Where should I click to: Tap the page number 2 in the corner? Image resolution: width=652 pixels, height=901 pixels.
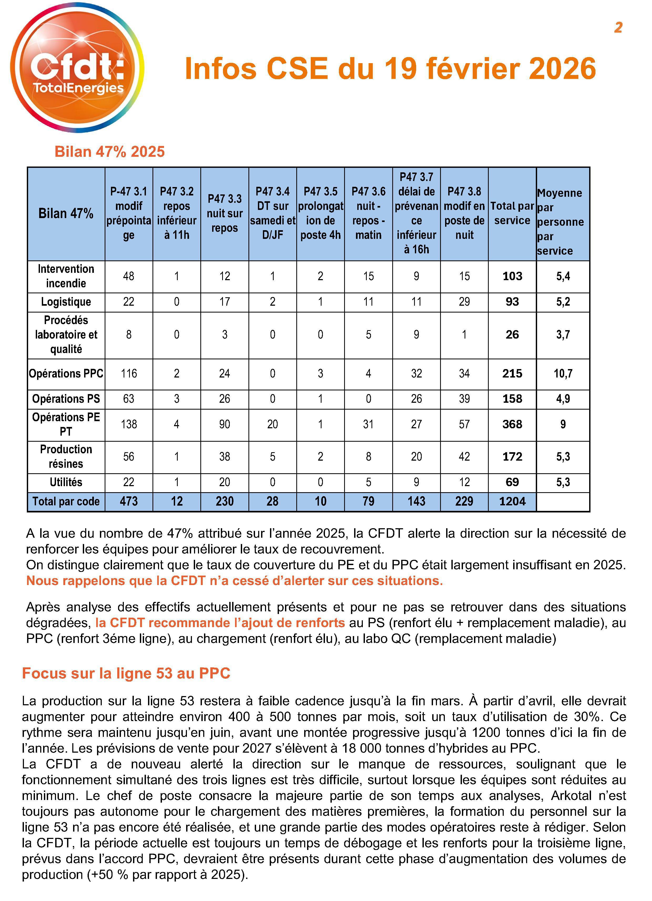[618, 27]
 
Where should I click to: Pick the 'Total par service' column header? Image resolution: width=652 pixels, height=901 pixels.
[512, 213]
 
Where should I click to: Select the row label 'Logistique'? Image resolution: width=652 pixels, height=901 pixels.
[66, 302]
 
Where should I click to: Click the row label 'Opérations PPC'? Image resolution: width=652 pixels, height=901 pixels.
[66, 374]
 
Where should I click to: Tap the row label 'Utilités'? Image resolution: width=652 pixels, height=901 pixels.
[66, 482]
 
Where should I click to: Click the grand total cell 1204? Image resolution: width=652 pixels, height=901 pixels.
[512, 501]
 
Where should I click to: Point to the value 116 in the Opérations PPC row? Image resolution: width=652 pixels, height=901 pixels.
[129, 374]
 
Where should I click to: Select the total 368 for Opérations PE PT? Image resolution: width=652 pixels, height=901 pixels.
[512, 424]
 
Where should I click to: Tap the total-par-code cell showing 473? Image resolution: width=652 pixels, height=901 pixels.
[129, 501]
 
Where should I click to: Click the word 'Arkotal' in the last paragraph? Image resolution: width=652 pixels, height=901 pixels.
[569, 796]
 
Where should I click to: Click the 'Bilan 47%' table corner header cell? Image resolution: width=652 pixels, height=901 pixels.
[66, 214]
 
